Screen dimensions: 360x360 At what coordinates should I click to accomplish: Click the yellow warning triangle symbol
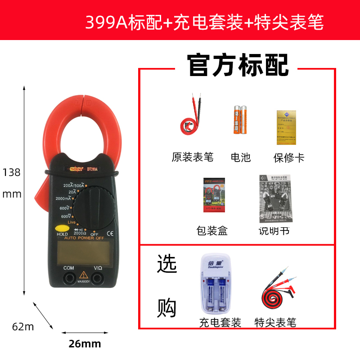click(83, 275)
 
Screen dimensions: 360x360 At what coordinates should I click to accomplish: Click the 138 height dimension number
click(12, 172)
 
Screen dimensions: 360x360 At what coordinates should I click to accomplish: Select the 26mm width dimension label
click(85, 344)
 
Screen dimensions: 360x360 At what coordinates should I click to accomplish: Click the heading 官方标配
click(238, 66)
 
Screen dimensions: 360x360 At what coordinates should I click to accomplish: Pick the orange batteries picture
click(240, 120)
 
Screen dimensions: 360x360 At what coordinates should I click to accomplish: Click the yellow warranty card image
click(287, 127)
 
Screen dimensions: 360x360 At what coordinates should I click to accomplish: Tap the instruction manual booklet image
click(276, 198)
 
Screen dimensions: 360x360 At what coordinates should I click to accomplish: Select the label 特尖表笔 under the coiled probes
click(275, 323)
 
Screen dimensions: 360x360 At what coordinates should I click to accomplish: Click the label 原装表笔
click(193, 157)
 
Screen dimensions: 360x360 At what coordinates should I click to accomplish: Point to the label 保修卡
click(289, 157)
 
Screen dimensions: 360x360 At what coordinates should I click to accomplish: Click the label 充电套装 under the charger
click(220, 323)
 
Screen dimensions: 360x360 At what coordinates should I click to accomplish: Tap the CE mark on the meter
click(110, 233)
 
